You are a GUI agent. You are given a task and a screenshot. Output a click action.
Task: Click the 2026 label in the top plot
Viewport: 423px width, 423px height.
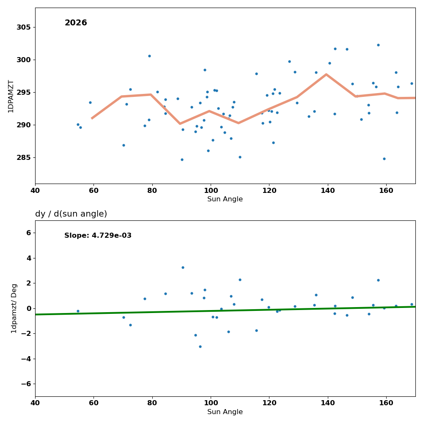pos(76,23)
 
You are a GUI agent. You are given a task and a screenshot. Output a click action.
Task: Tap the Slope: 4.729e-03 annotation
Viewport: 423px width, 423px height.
pos(98,236)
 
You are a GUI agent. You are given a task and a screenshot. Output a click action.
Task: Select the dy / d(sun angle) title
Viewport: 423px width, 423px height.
pos(71,214)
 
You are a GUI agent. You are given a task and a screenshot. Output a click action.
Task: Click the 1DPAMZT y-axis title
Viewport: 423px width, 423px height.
pos(11,96)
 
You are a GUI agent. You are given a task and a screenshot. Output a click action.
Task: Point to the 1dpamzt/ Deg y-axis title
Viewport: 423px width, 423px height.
pos(14,308)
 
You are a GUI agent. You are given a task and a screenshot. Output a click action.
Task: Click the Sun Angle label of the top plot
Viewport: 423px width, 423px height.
pos(225,199)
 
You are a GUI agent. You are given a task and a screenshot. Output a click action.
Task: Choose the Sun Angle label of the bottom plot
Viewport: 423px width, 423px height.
pos(225,412)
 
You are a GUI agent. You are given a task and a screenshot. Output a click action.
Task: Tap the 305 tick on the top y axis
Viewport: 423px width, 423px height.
pos(24,27)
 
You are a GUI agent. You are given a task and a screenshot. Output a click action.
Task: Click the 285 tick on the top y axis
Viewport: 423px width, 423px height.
pos(24,157)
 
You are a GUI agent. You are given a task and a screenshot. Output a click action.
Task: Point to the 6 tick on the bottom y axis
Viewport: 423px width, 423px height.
pos(29,233)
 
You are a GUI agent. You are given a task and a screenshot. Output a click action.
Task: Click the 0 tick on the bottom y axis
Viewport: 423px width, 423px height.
pos(29,308)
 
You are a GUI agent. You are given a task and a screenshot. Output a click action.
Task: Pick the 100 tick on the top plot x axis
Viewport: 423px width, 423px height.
pos(211,191)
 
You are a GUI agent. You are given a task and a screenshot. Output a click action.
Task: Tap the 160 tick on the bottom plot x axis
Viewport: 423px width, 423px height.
pos(386,404)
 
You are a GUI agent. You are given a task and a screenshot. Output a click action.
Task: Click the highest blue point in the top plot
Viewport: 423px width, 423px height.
pos(378,45)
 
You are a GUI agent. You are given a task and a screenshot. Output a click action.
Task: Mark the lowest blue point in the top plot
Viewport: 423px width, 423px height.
pos(182,159)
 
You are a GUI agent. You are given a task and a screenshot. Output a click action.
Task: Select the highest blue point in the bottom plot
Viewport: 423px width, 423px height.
pos(183,267)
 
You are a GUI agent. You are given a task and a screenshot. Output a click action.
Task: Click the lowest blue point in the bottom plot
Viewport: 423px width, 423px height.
pos(200,346)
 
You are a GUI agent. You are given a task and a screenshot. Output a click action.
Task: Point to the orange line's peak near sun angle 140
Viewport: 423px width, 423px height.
pos(326,74)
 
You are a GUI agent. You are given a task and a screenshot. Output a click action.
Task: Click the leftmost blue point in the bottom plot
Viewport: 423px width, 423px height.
pos(78,311)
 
